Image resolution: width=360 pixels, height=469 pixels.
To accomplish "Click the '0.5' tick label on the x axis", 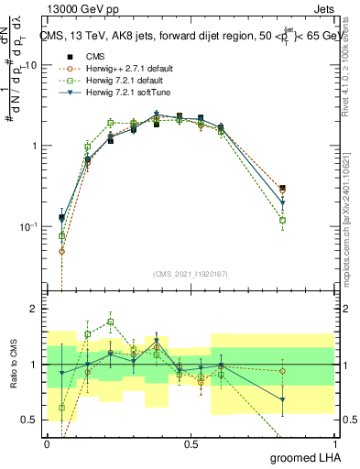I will click(191, 443).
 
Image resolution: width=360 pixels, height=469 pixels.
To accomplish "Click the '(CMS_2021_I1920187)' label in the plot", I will click(191, 273).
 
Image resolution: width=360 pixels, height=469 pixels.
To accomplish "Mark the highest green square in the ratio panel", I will click(110, 322).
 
